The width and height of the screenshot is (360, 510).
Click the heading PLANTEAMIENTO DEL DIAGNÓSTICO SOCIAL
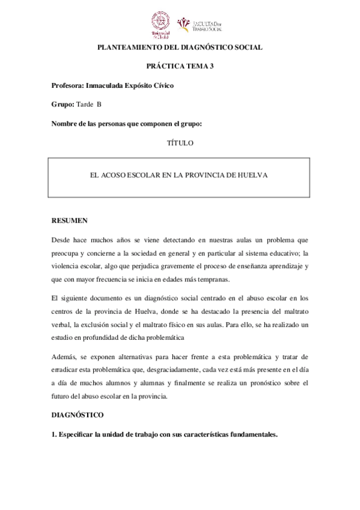click(180, 48)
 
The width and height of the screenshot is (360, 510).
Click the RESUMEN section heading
click(70, 220)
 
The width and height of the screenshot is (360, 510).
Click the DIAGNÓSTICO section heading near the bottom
click(78, 415)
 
